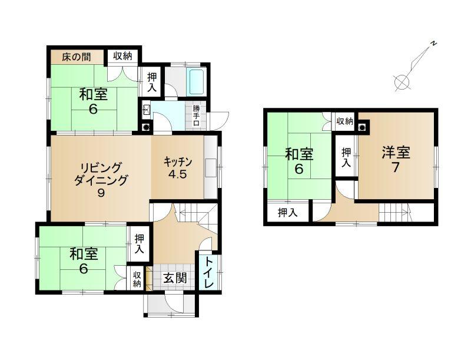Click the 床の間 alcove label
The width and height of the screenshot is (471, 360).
click(77, 57)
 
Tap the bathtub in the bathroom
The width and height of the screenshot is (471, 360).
click(197, 82)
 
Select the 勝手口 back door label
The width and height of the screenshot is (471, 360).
click(196, 115)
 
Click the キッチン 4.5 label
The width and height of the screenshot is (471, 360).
click(178, 168)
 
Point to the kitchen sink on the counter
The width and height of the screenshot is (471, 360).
click(211, 168)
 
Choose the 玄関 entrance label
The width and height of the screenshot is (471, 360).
click(175, 278)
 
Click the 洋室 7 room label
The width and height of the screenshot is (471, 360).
click(396, 160)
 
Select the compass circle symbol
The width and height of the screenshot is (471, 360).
click(402, 82)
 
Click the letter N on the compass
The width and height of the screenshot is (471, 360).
click(433, 44)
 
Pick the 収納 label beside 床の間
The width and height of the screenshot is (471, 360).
click(122, 56)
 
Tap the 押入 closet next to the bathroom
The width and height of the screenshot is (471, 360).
click(152, 82)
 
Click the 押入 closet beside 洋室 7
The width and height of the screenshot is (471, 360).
click(346, 157)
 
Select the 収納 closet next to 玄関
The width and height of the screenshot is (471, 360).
click(137, 279)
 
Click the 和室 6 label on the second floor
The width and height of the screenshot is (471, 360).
click(299, 161)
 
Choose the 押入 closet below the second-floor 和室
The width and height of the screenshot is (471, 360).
click(287, 213)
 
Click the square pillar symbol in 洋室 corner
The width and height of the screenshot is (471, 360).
click(363, 127)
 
